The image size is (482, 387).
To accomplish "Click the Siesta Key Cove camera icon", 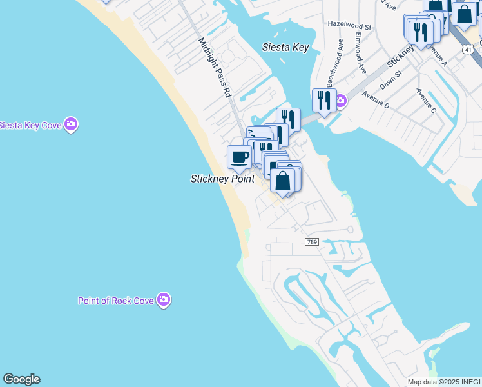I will pos(71,124).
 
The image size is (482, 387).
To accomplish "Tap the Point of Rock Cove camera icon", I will pos(164,299).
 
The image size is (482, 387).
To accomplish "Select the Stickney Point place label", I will pos(222,179).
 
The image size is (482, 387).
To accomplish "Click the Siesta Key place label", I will pos(286,47).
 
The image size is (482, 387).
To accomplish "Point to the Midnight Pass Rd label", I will pos(215,67).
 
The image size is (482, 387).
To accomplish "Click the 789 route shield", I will pos(312,241).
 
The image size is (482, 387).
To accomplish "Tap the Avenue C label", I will pos(426,101).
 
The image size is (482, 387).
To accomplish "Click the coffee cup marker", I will pos(239,157).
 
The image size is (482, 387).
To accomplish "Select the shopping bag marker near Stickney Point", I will pos(282,181).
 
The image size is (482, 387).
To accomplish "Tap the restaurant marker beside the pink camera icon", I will pos(323,100).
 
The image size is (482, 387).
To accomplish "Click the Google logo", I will pos(21,379).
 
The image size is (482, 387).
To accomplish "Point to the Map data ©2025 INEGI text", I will pos(444,382).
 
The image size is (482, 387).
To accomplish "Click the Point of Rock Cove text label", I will pos(116,301).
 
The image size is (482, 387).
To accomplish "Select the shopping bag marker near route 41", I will pos(463,14).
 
